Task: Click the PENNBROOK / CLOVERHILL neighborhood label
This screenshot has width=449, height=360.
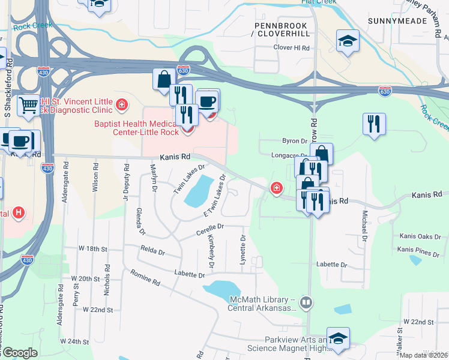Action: pos(281,31)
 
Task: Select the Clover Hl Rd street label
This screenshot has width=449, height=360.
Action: pos(291,47)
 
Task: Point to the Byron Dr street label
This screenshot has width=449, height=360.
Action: pos(294,141)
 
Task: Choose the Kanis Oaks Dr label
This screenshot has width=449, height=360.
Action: pos(418,237)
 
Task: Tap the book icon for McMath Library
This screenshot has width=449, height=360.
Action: pos(306,302)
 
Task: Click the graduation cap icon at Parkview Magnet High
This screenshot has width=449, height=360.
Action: pos(338,338)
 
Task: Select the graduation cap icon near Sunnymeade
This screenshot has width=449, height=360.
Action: pos(347,41)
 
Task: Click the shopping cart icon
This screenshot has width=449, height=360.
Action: pos(28,106)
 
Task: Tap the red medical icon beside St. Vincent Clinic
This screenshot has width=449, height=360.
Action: pos(121,106)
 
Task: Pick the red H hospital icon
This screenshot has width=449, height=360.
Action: pos(19,212)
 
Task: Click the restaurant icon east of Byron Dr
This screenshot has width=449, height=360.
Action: pos(374,124)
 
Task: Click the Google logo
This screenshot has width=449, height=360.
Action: pos(19,353)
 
